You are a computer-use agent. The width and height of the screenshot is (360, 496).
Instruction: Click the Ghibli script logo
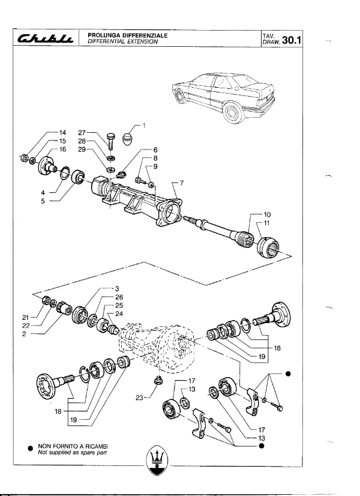point(45,38)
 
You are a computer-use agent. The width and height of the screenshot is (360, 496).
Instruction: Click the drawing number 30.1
point(292,40)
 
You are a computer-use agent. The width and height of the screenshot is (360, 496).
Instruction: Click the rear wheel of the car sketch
point(233,113)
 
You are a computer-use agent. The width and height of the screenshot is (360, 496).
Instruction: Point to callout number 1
point(144,126)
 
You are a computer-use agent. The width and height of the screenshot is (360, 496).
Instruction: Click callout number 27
point(82,133)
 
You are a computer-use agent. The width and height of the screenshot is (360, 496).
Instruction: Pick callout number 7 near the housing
point(181,183)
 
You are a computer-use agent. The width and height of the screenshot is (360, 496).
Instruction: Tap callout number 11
point(266,223)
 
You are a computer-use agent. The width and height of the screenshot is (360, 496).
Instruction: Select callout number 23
point(139,398)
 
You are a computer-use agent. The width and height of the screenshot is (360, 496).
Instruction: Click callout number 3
point(117,288)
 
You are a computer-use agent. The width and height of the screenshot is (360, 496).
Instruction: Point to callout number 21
point(26,317)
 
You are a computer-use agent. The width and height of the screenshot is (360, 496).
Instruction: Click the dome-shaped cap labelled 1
point(127,139)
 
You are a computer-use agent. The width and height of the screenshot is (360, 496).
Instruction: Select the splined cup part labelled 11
point(268,247)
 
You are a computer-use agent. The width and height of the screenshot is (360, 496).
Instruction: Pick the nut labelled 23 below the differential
point(158,380)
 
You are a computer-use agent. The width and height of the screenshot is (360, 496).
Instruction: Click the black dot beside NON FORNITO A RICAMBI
point(31,449)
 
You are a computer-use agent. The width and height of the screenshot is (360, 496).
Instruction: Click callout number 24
point(119,314)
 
